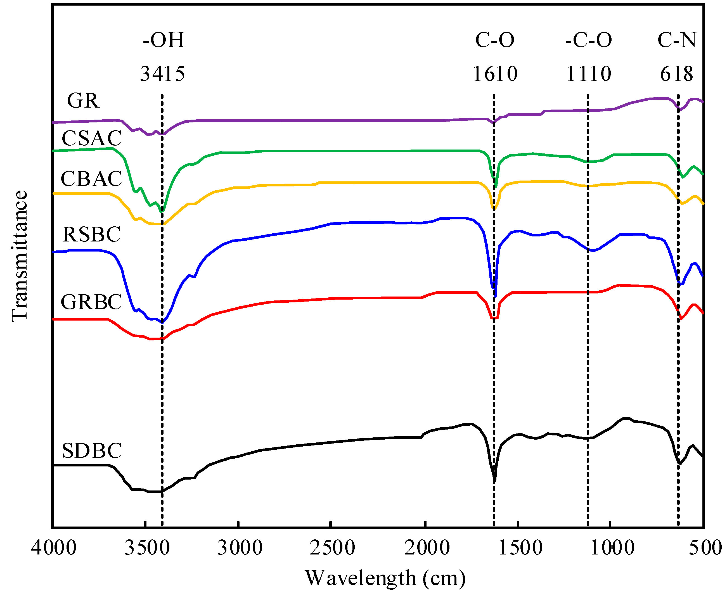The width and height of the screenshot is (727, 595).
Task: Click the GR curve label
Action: pos(83,101)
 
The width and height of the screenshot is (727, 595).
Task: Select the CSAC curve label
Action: pos(91,138)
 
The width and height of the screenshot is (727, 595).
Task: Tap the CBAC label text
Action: pos(91,179)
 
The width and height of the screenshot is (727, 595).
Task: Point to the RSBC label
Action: pos(91,234)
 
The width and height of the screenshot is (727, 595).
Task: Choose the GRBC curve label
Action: pos(91,302)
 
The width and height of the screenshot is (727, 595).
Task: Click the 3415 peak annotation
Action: pos(162,74)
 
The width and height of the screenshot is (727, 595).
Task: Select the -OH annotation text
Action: pos(164,40)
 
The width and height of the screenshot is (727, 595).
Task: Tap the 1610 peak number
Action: pos(495,74)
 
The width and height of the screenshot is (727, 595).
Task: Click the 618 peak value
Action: pos(677,74)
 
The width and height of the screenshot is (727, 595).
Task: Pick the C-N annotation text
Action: pos(677,40)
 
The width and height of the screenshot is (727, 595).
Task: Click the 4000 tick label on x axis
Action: pos(54,548)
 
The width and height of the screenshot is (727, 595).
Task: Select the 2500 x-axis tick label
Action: pos(332,548)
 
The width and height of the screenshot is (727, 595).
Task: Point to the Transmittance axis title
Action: pos(20,256)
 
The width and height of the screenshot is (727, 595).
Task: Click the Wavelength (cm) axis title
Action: pos(385,578)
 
